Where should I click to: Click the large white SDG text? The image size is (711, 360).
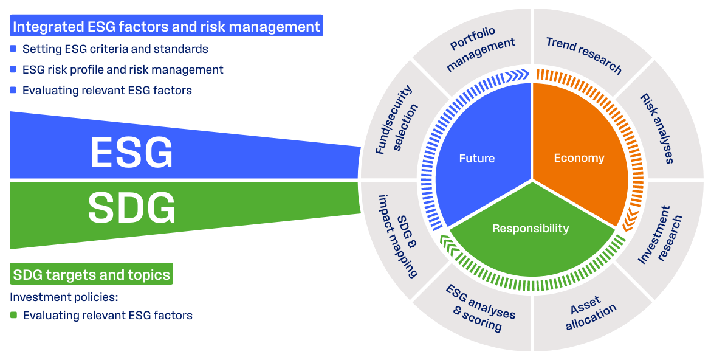point(132,208)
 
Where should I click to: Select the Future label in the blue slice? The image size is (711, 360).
point(477,159)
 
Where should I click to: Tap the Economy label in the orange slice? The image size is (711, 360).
point(579,158)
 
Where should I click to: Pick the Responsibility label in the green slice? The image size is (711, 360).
point(531,229)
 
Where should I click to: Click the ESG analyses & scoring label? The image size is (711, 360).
point(479,308)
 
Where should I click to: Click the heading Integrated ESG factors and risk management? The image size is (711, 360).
point(166,27)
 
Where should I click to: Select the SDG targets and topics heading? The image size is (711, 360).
point(91,274)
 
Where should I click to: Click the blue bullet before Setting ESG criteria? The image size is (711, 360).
point(13,49)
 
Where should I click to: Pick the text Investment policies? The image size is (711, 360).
point(63,297)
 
